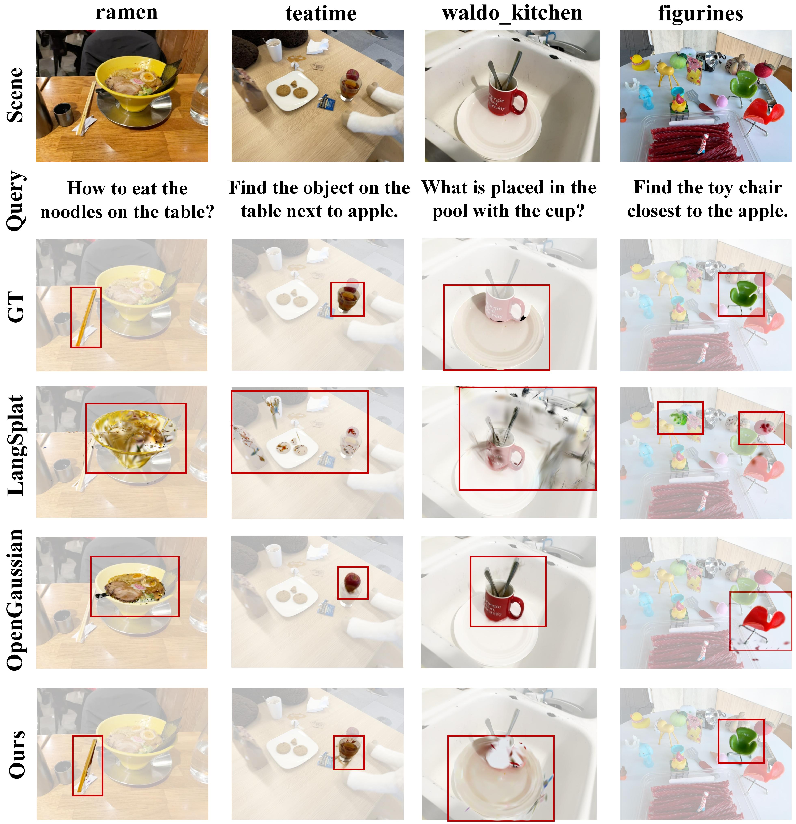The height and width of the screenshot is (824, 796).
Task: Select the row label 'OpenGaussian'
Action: pos(16,599)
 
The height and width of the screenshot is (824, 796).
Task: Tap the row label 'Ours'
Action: pos(17,755)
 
